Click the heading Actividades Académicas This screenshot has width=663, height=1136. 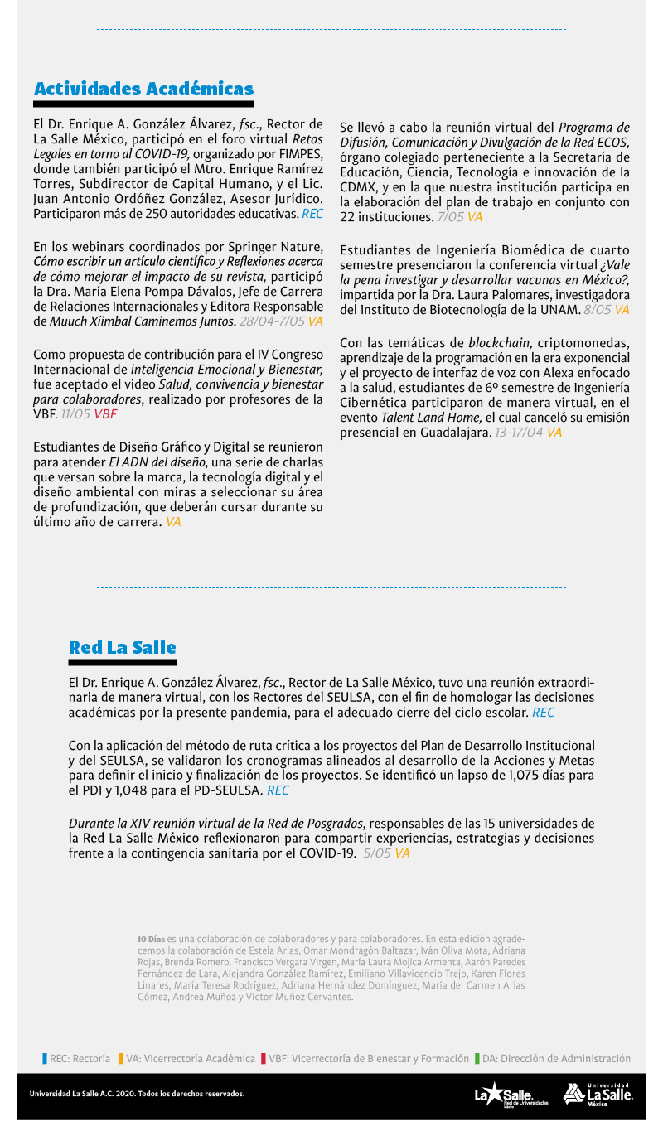click(143, 89)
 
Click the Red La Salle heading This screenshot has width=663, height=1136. click(122, 647)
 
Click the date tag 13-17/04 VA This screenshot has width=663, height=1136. click(528, 433)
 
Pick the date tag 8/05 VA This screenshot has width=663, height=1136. click(606, 310)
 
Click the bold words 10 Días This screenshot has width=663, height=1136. click(151, 939)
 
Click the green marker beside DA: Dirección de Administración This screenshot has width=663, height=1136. click(477, 1059)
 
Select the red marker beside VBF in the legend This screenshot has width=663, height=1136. click(263, 1059)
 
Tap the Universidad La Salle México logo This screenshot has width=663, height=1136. click(598, 1094)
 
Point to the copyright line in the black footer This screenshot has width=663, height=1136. click(137, 1094)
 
